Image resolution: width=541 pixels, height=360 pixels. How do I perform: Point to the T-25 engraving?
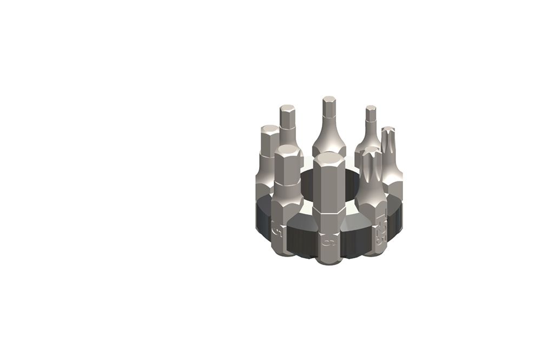tap(380, 231)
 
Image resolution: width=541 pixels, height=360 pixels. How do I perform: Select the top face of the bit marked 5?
tap(287, 150)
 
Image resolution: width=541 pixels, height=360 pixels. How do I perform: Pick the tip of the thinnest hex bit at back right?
tap(371, 109)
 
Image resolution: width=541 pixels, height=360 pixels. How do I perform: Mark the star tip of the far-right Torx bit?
tap(389, 131)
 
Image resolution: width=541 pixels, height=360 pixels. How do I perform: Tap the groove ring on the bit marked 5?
tap(287, 184)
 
